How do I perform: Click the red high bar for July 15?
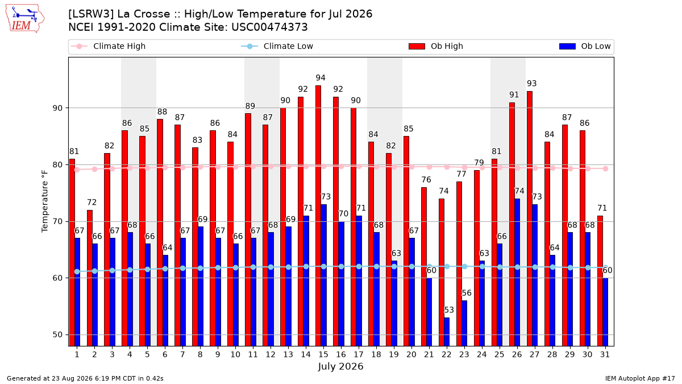tap(318, 216)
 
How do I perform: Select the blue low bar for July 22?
tap(447, 332)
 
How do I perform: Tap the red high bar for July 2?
tap(90, 278)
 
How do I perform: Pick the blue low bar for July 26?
tap(517, 272)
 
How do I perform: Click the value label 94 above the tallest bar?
tap(321, 78)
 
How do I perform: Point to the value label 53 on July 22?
tap(449, 310)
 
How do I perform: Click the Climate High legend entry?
tap(109, 46)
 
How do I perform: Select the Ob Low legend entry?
tap(585, 46)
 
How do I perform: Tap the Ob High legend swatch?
tap(417, 46)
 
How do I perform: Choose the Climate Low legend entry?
tap(277, 46)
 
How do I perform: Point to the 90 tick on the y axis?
tap(57, 108)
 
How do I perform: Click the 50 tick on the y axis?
tap(57, 335)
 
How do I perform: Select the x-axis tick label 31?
tap(605, 354)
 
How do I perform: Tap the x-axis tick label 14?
tap(306, 354)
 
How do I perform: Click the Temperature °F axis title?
tap(45, 201)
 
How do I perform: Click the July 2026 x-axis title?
tap(340, 366)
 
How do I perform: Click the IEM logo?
tap(24, 19)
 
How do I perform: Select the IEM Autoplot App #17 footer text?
tap(640, 378)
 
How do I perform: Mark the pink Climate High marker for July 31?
tap(606, 169)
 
